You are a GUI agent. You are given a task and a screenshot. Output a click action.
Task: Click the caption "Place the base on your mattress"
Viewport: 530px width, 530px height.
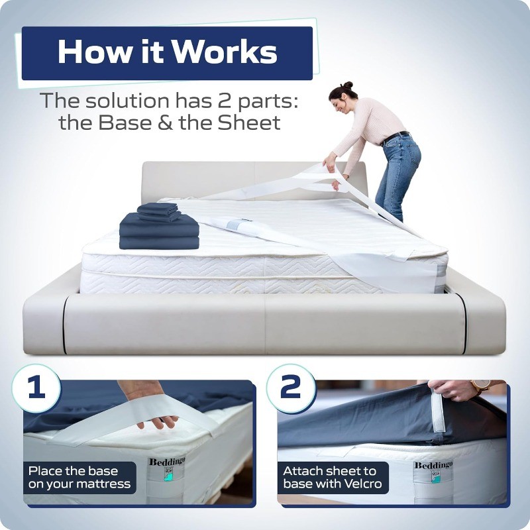79,478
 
